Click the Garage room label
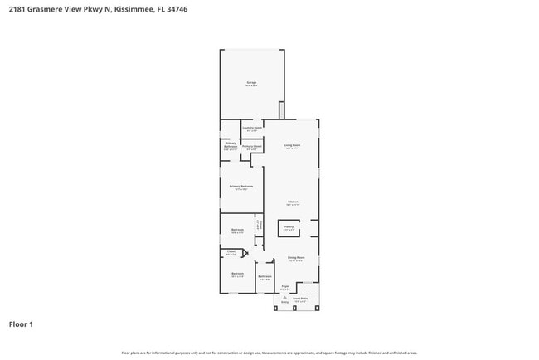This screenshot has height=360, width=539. [251, 83]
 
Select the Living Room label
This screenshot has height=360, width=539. [292, 146]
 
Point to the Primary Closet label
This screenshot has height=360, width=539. [252, 147]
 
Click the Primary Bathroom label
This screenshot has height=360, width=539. [231, 145]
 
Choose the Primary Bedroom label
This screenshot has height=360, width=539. [241, 187]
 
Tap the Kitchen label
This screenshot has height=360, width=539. [293, 202]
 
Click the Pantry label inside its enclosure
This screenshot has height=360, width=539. [289, 226]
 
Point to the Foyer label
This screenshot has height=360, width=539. [284, 287]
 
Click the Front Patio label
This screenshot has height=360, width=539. [299, 299]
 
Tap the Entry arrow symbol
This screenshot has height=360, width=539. [284, 298]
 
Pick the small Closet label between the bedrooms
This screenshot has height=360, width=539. [231, 252]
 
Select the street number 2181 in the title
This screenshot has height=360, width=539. [17, 8]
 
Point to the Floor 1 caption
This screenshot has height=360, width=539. [21, 324]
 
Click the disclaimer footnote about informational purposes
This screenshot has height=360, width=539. [269, 353]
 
